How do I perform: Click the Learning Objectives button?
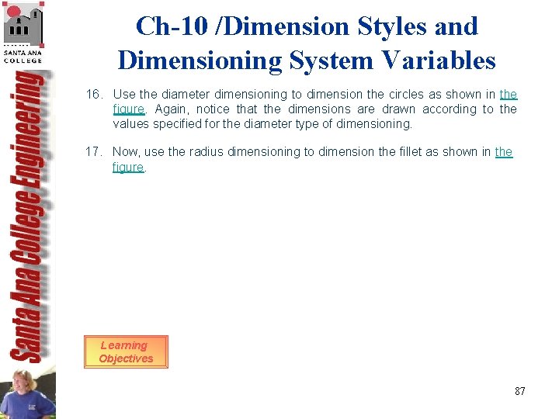point(126,351)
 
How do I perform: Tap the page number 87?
point(519,391)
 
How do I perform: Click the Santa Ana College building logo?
point(23,29)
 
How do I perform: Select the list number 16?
point(94,95)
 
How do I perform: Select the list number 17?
point(94,152)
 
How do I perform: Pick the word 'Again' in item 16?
point(172,109)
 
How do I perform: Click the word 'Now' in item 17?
point(127,152)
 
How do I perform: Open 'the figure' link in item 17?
point(503,152)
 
